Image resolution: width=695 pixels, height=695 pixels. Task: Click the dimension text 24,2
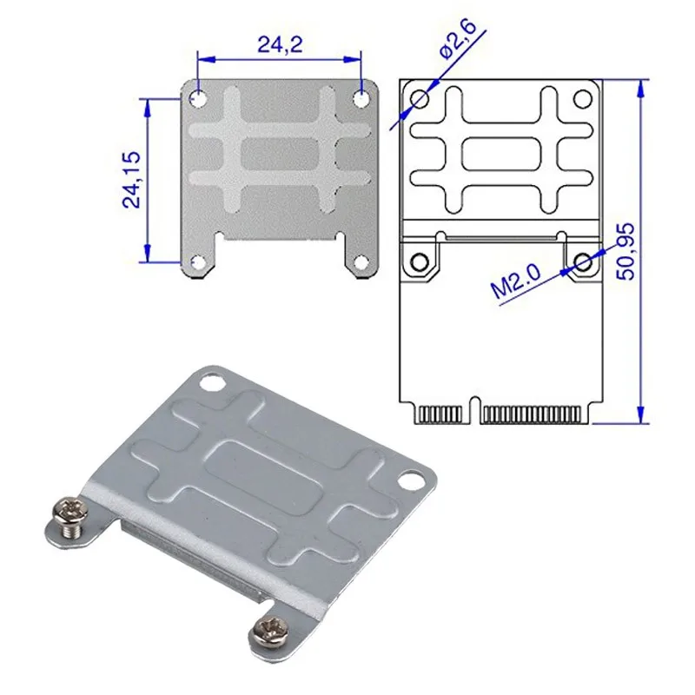click(x=280, y=44)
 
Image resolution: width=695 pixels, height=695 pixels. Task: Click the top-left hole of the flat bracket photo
click(x=199, y=98)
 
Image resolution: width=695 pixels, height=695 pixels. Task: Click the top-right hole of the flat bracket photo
click(x=361, y=98)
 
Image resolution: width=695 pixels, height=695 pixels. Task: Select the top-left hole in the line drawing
click(x=420, y=99)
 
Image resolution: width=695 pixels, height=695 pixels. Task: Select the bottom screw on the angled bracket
click(x=271, y=631)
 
